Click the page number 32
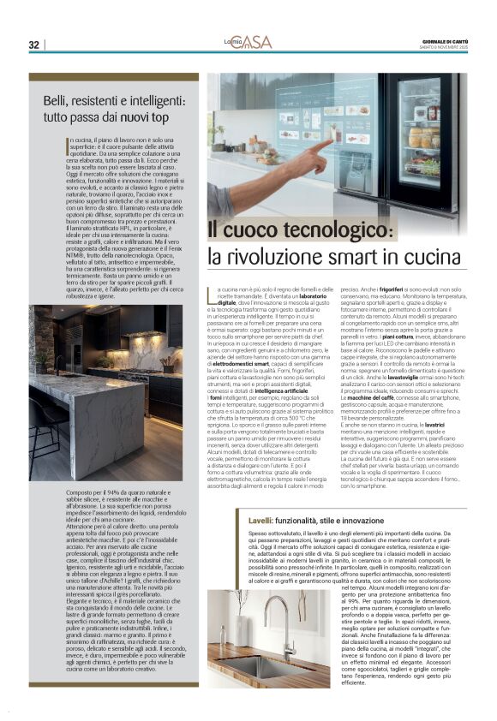[x=33, y=45]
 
